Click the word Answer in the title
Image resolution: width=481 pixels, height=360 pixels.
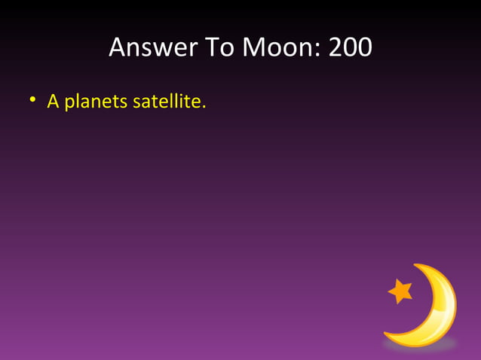click(x=147, y=48)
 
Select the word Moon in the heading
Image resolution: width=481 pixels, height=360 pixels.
click(x=276, y=48)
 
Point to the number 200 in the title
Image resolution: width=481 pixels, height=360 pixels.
click(x=350, y=48)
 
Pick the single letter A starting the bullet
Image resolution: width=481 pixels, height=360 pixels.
click(x=53, y=100)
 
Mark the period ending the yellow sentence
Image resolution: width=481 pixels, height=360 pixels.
click(x=204, y=105)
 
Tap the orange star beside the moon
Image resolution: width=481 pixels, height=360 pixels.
click(x=400, y=291)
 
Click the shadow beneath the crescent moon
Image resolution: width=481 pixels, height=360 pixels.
click(x=419, y=345)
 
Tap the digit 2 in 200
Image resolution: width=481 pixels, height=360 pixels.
click(x=335, y=48)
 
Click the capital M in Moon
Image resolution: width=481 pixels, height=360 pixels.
click(x=254, y=48)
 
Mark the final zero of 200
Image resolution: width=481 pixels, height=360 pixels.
click(x=364, y=48)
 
